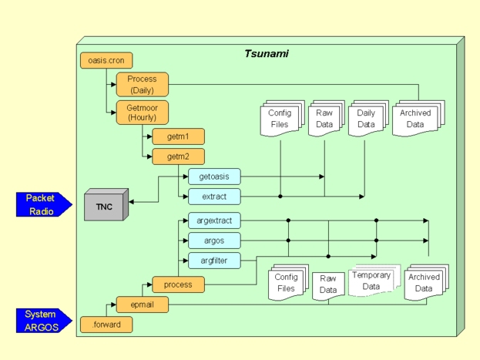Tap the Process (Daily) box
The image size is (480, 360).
(142, 84)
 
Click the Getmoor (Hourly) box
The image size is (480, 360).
(142, 113)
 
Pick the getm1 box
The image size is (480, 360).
(178, 136)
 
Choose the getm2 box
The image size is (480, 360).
(178, 157)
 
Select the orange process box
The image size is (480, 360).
(178, 284)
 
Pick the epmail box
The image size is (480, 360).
(142, 304)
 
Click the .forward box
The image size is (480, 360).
(106, 325)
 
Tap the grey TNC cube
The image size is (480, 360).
(103, 206)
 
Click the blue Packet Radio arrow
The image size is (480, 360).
(44, 204)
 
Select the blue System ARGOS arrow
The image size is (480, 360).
(44, 321)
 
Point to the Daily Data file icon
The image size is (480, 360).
(368, 119)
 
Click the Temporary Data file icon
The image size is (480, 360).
(371, 281)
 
